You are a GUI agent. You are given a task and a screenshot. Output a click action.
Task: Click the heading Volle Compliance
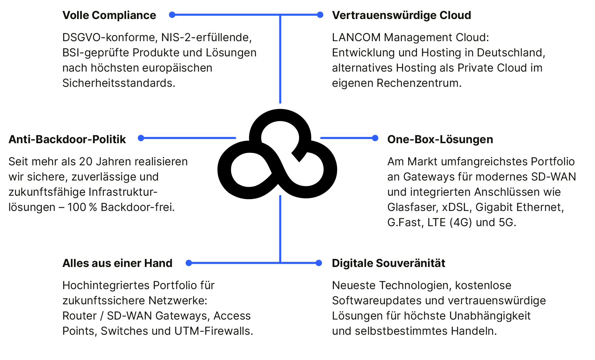coord(109,15)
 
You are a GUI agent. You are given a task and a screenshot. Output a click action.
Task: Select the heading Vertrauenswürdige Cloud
coord(401,15)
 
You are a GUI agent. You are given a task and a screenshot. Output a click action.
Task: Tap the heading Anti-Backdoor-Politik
coord(67,139)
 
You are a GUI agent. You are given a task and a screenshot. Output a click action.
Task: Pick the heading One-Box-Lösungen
coord(440,139)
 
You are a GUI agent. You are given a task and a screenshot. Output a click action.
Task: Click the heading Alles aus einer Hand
coord(117,263)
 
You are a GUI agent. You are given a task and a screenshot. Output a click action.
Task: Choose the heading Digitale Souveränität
coord(388,263)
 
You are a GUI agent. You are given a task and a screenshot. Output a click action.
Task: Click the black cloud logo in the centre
coord(277,154)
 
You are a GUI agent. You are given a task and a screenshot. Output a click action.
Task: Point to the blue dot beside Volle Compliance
coord(172,15)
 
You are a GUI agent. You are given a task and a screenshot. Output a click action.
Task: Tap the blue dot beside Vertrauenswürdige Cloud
coord(320,15)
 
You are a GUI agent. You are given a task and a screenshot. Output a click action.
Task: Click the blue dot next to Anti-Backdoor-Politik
coord(141,138)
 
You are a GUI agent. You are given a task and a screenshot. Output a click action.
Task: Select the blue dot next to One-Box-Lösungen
coord(375,138)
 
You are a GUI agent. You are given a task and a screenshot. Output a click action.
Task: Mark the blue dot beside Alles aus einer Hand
coord(189,263)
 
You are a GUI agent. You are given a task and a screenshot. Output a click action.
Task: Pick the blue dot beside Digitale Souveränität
coord(319,263)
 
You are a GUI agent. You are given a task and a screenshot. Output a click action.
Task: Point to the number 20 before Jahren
coord(85,161)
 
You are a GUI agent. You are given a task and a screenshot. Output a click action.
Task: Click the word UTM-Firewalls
coord(214,331)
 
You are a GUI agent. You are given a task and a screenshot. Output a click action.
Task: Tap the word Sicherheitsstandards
coord(119,83)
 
